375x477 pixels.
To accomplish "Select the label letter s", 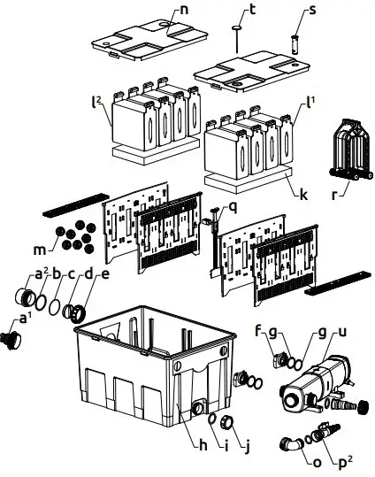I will [309, 11].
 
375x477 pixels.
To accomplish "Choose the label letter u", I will [342, 331].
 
